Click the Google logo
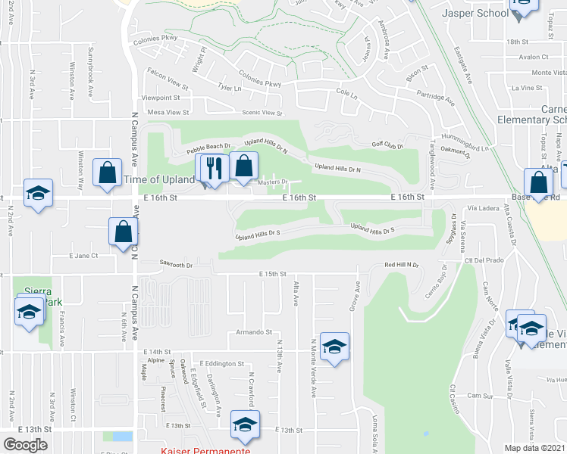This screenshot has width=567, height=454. [x=25, y=445]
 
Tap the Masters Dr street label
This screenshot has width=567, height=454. [x=273, y=182]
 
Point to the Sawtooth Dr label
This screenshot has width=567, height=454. [x=176, y=265]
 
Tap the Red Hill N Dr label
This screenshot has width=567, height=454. [x=402, y=266]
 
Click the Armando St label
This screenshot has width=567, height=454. [x=253, y=331]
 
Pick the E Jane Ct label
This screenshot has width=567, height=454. [x=83, y=256]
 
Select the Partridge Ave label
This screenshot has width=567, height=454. [x=435, y=98]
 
